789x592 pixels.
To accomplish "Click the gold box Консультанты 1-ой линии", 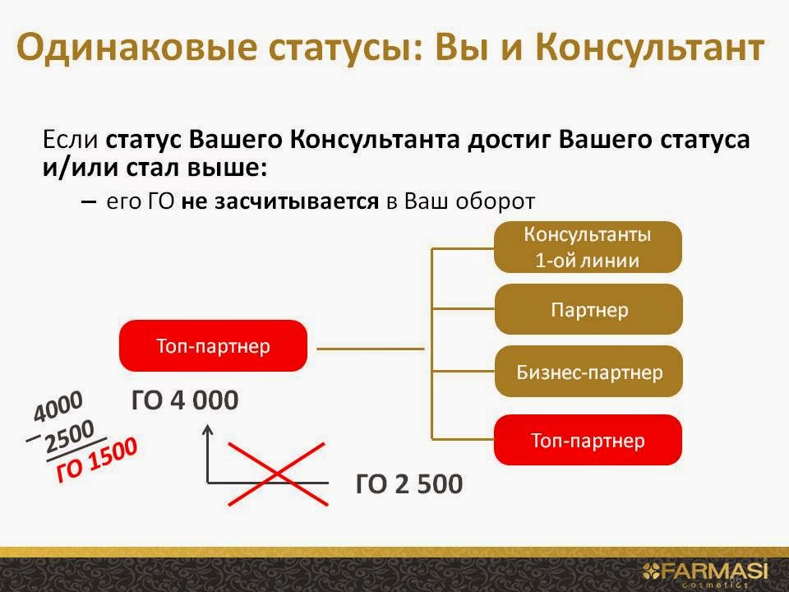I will click(x=588, y=247).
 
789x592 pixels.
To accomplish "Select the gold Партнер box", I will click(x=588, y=310).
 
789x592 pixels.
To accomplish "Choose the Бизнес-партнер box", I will click(x=588, y=372).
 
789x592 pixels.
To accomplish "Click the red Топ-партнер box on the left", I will click(x=213, y=345).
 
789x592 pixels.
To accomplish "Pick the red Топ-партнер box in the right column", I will click(x=588, y=439).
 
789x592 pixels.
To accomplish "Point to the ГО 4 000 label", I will click(x=184, y=400).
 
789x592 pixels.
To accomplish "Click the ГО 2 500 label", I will click(x=408, y=483).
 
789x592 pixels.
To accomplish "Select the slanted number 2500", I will click(x=70, y=436).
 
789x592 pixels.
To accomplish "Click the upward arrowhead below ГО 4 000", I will click(x=208, y=428).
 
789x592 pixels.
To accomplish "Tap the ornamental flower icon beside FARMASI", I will click(x=651, y=569).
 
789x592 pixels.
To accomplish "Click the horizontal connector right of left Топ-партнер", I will click(x=369, y=349).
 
